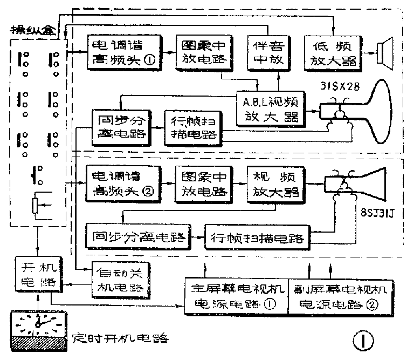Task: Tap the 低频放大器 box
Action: (x=330, y=52)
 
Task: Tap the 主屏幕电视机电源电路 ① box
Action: (x=233, y=296)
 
